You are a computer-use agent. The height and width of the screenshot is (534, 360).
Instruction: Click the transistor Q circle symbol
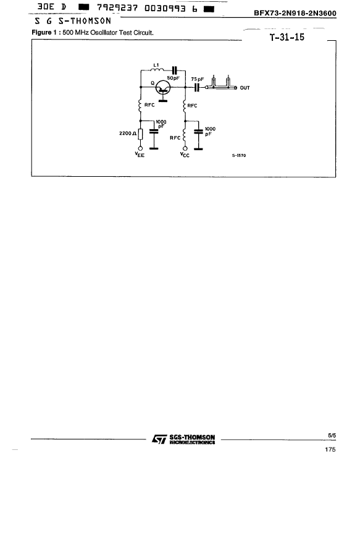[163, 88]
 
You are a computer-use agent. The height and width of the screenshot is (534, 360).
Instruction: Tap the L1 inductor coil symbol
[156, 70]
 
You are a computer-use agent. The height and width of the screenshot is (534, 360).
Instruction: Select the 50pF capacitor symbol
[175, 70]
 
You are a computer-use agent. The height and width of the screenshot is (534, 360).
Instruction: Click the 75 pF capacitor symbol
[196, 88]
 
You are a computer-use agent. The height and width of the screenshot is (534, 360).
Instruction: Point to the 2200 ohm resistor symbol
[140, 134]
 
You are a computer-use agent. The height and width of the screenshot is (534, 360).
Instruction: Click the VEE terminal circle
[140, 148]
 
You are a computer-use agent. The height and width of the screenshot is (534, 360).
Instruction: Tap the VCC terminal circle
[185, 148]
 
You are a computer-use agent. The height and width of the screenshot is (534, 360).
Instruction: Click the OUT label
[245, 88]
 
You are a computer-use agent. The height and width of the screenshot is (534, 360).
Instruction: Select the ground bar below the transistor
[163, 101]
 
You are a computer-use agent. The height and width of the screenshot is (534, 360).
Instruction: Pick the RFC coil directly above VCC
[185, 136]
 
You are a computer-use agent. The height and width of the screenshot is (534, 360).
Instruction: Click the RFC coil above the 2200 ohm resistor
[140, 105]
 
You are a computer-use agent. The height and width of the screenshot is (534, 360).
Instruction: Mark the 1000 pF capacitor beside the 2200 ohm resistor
[154, 131]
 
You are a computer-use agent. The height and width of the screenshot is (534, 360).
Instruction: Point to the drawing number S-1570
[239, 156]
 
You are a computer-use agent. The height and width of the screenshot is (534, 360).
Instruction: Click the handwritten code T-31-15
[287, 37]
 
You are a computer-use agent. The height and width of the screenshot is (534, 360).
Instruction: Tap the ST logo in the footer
[159, 439]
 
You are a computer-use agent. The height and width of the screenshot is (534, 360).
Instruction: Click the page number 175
[330, 449]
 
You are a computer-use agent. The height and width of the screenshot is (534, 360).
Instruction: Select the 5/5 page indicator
[332, 436]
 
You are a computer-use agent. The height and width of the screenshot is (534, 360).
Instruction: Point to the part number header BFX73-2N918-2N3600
[295, 13]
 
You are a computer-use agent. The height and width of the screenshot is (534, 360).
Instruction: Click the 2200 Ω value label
[128, 133]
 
